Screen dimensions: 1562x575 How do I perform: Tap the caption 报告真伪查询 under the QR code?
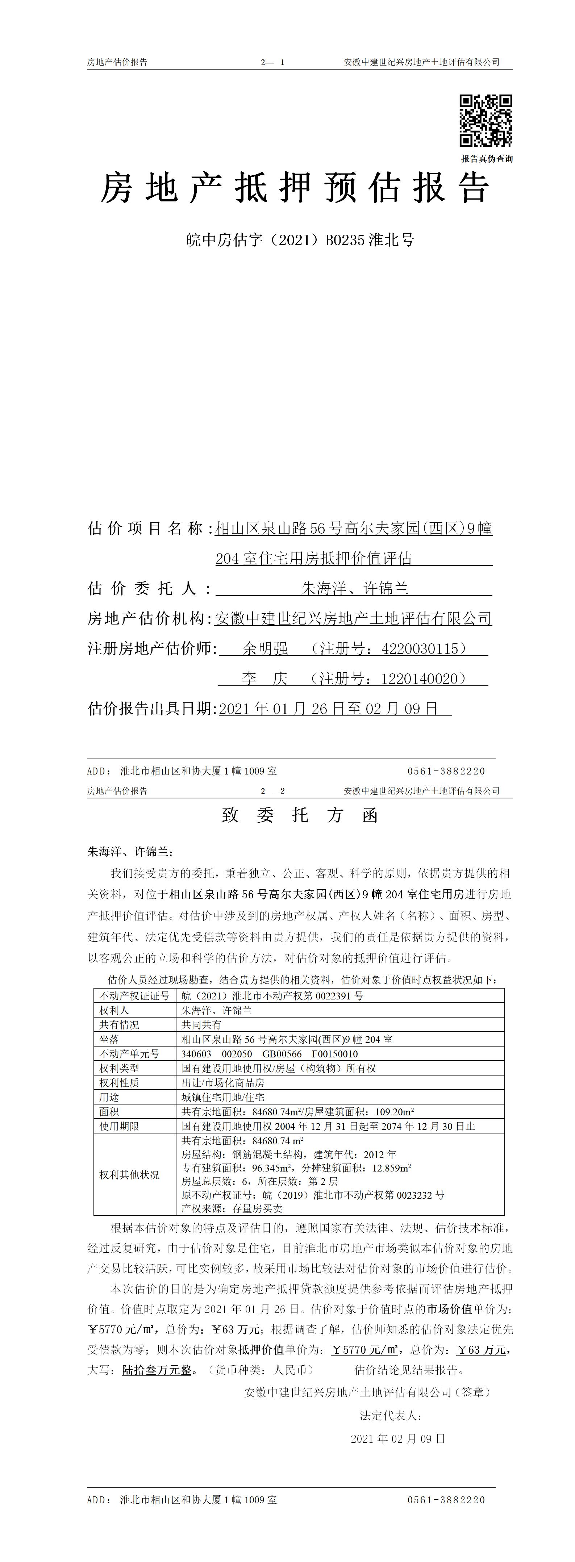[487, 159]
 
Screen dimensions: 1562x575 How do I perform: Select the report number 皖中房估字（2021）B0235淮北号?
[300, 240]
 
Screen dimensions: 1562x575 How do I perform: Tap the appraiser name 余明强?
[265, 649]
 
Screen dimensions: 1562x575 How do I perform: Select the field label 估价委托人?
[149, 588]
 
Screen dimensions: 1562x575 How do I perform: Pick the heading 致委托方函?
[300, 815]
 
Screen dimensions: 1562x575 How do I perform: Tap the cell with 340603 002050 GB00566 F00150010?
[269, 1054]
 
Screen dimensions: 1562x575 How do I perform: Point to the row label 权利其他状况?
[129, 1174]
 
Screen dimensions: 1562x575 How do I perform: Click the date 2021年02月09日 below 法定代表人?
[398, 1439]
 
